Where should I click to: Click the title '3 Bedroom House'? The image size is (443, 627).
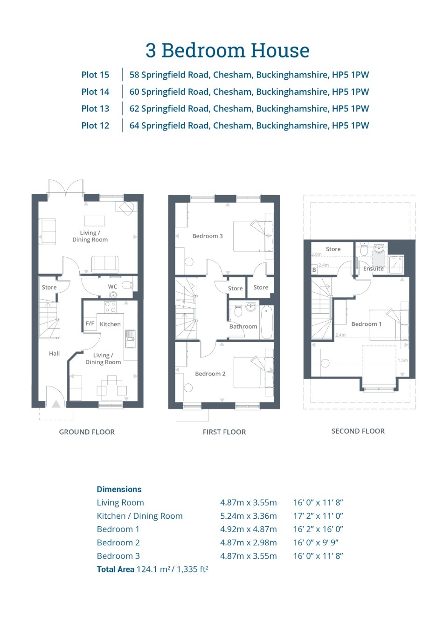(227, 50)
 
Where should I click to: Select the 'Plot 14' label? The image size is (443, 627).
(95, 92)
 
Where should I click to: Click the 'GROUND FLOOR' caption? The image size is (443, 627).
(87, 432)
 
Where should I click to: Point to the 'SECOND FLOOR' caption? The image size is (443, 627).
(358, 431)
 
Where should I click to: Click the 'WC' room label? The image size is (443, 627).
(112, 287)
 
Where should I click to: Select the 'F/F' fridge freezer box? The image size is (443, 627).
(90, 324)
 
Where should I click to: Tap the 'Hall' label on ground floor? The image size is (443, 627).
(54, 353)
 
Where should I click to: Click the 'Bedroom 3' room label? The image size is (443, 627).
(208, 236)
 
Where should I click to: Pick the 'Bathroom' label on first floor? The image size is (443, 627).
(243, 326)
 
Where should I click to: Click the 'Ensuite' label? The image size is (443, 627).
(373, 268)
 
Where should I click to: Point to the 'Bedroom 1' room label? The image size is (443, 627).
(366, 324)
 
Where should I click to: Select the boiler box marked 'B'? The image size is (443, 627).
(314, 270)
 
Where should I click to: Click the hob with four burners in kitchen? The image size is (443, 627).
(110, 307)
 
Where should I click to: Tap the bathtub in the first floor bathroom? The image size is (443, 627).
(266, 322)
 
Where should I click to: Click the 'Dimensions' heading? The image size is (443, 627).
(119, 489)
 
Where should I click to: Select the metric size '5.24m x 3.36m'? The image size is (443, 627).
(248, 516)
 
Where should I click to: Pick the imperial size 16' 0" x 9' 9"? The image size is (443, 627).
(316, 542)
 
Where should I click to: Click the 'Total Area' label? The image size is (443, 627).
(115, 569)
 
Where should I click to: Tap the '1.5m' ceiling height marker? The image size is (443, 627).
(402, 360)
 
